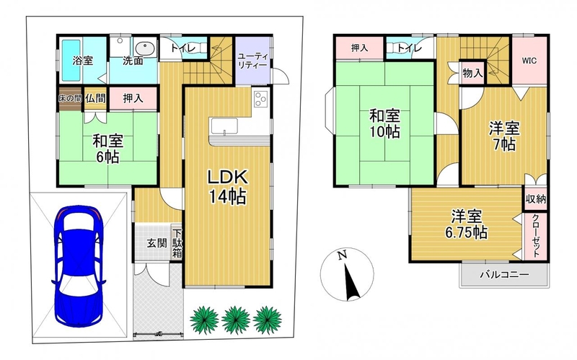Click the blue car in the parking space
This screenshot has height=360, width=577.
[79, 266]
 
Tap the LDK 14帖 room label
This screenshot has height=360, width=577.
[228, 187]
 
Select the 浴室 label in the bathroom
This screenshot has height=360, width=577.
[83, 61]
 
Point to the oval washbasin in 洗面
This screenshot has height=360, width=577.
[145, 49]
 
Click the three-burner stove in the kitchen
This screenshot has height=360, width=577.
[261, 99]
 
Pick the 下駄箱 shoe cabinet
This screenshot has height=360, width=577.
[177, 243]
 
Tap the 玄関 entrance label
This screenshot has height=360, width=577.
[157, 243]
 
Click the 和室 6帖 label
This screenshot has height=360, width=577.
[107, 149]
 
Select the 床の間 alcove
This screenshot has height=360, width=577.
[70, 98]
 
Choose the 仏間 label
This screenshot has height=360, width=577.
[96, 98]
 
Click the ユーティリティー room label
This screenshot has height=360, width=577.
[252, 61]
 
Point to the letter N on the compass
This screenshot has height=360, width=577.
[342, 255]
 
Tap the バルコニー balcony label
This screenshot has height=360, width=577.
[504, 275]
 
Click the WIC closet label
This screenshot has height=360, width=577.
[529, 61]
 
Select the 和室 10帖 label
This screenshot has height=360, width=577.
[384, 123]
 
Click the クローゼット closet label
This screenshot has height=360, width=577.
[536, 236]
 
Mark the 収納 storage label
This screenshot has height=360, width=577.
[536, 199]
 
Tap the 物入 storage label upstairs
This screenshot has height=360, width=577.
[472, 73]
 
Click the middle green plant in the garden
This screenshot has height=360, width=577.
[236, 320]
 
